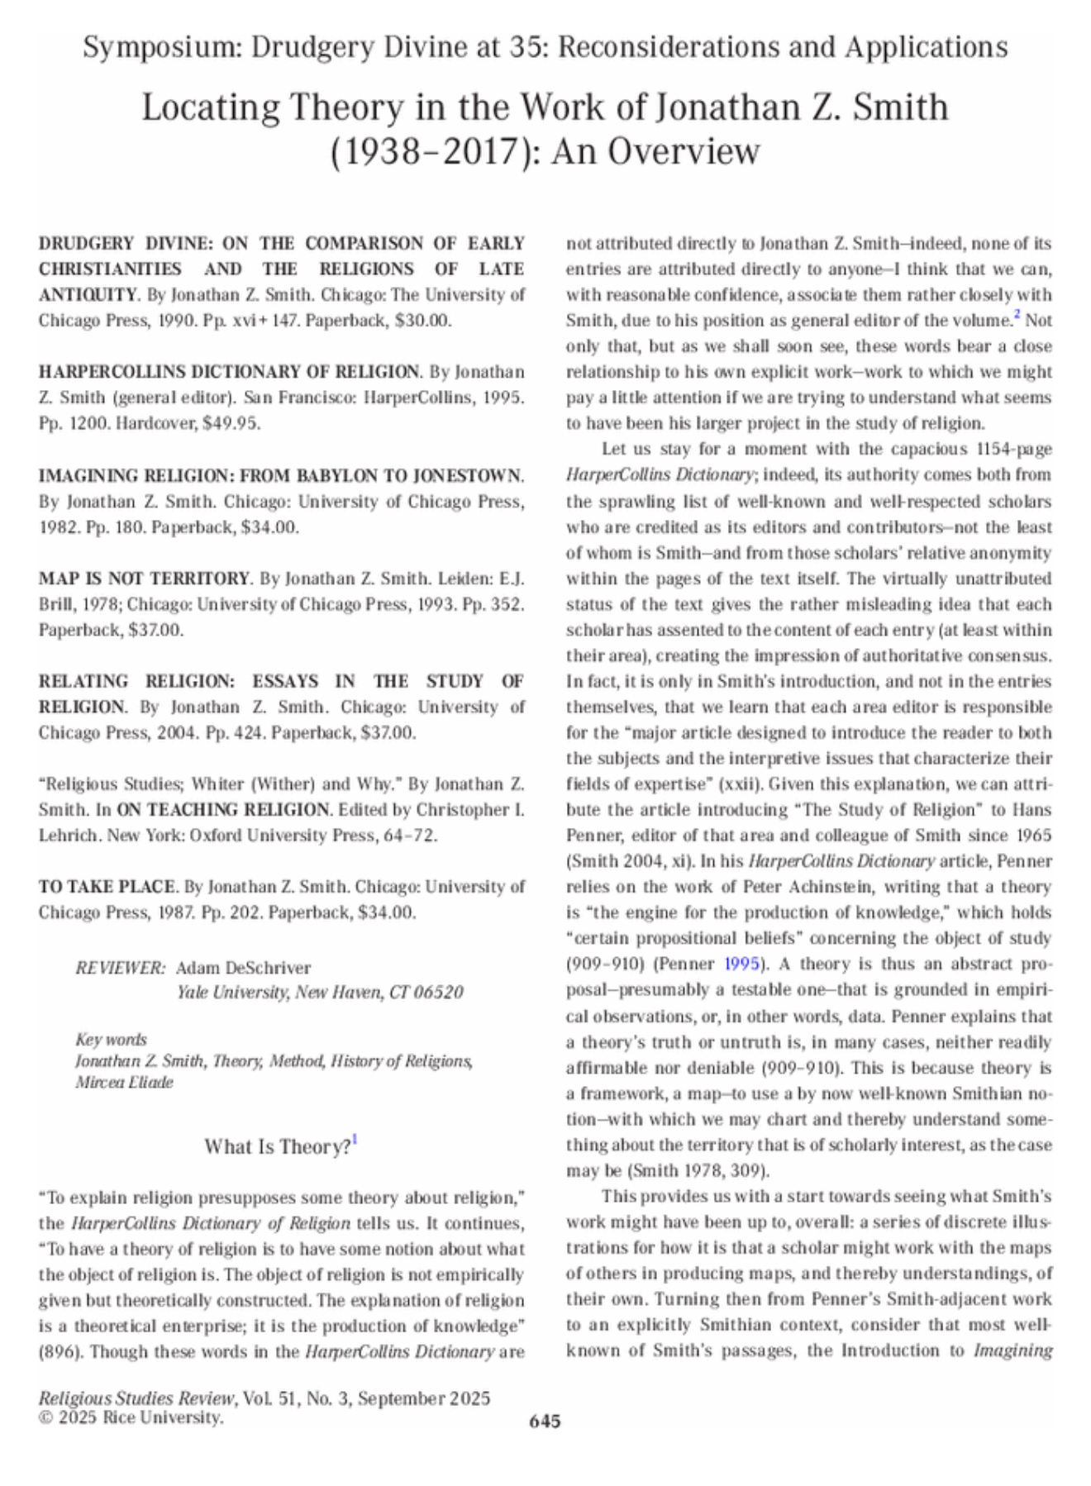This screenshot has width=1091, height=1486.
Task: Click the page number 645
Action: [545, 1421]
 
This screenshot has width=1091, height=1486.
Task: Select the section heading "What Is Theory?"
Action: [278, 1147]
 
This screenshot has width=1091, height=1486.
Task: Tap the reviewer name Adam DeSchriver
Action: [243, 968]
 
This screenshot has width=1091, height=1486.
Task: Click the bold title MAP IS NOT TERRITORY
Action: [144, 579]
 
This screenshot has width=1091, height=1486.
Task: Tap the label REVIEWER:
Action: [120, 968]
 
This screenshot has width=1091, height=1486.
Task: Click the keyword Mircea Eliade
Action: [124, 1082]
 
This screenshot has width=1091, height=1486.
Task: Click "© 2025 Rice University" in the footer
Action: [131, 1417]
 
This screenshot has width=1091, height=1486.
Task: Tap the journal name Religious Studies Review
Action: [136, 1398]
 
